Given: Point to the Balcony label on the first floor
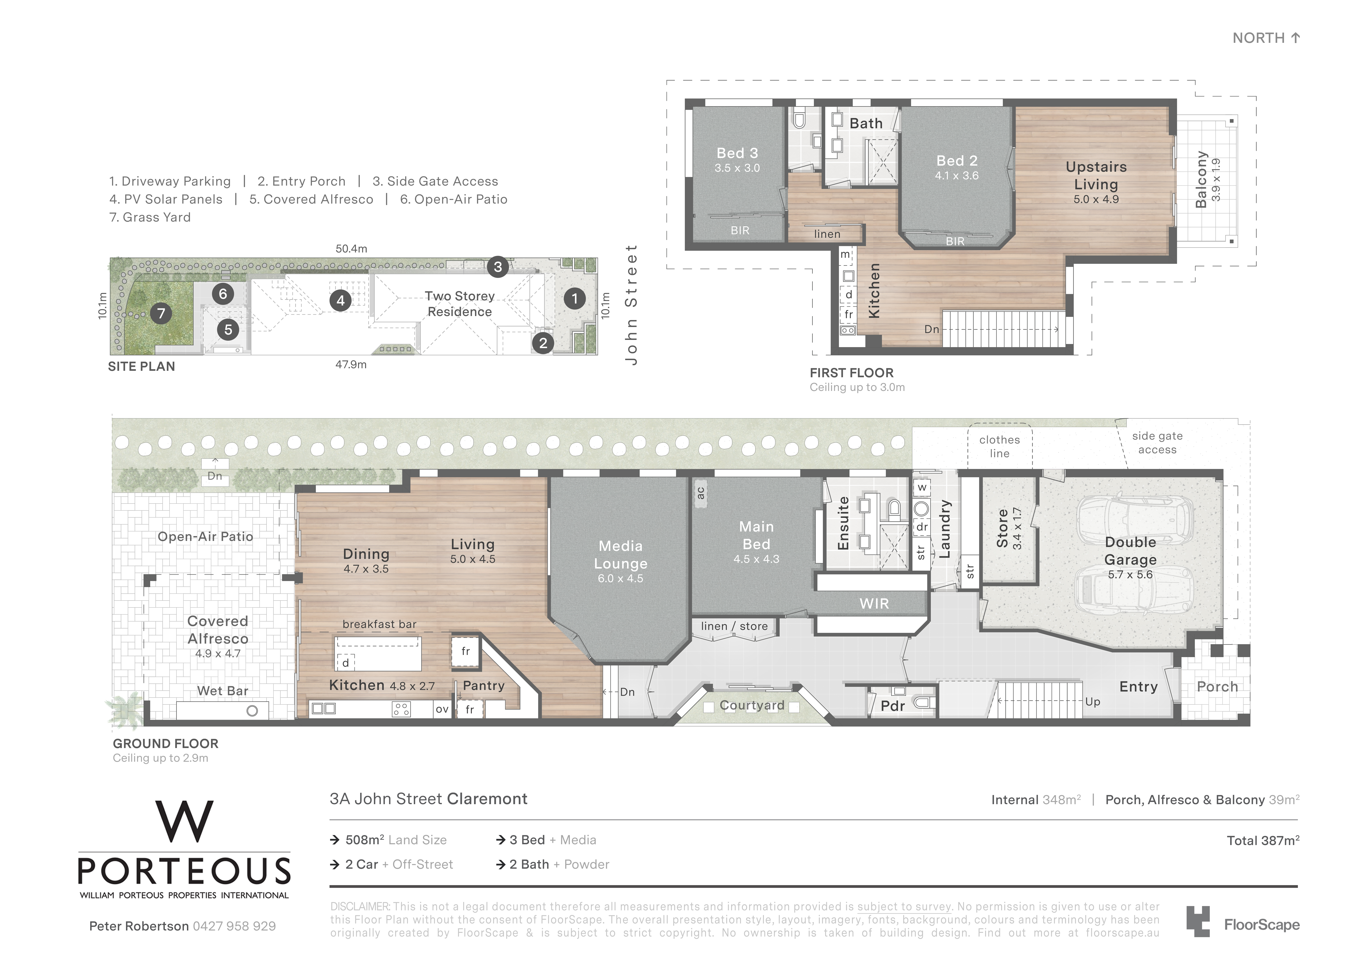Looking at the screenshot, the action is point(1200,179).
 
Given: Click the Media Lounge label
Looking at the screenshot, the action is point(621,555).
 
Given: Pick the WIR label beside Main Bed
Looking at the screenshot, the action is point(874,604).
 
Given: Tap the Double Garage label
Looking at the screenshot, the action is point(1130,551).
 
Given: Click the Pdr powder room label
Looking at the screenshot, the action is point(893,706).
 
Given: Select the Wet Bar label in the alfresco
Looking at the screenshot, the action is point(222,691).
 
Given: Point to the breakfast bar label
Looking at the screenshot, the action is point(379,624).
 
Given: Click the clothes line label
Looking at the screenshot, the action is point(1000,446).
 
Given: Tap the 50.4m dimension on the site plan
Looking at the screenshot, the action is point(351,249).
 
